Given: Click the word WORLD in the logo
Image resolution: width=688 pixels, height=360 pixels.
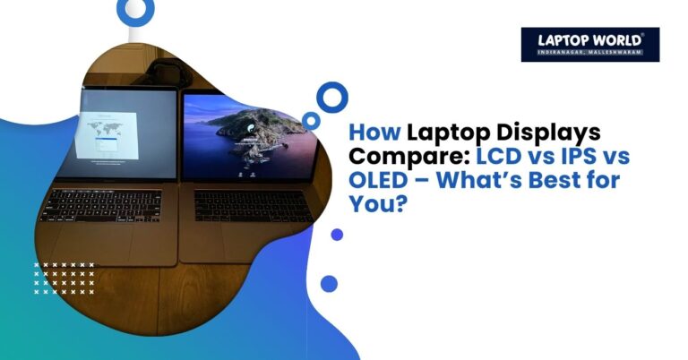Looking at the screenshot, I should (x=614, y=39).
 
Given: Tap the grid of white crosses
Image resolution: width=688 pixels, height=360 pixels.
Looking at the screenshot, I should (x=64, y=279).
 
